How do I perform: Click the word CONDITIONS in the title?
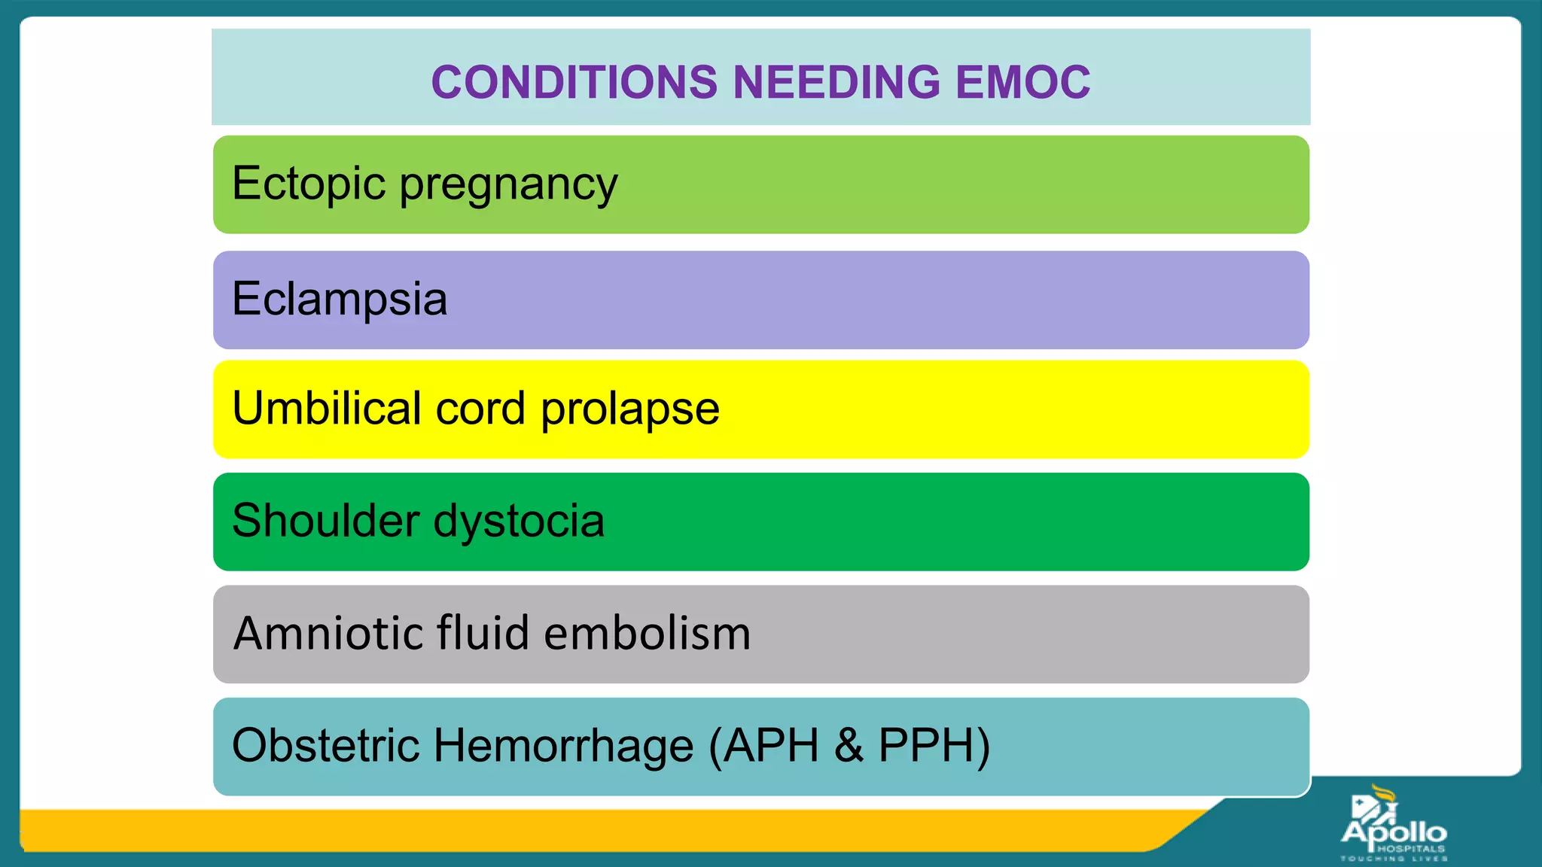[x=574, y=82]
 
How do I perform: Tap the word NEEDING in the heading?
[x=837, y=82]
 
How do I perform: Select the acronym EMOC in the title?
[x=1022, y=82]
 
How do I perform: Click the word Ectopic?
[x=309, y=184]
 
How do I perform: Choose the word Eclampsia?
[x=340, y=300]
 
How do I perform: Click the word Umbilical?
[x=327, y=409]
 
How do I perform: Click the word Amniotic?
[x=328, y=633]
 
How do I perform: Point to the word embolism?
[x=647, y=633]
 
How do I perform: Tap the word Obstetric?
[x=325, y=745]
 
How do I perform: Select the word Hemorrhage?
[x=563, y=745]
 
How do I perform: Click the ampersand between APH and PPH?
[x=849, y=745]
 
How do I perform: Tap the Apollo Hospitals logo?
[x=1393, y=824]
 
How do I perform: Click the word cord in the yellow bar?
[x=480, y=409]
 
